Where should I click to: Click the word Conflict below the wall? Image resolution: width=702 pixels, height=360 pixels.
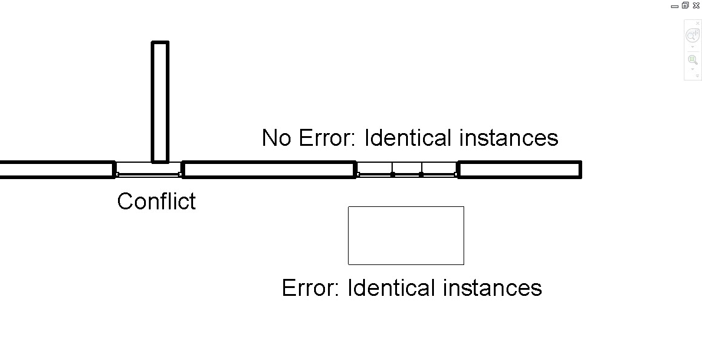point(156,201)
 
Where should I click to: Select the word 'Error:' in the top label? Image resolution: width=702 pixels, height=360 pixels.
point(326,138)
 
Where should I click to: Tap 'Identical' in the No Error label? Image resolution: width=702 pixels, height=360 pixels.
point(408,138)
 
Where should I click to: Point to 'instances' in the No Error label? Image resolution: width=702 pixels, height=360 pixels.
point(508,138)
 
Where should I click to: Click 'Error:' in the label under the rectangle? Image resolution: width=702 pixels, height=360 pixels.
point(310,287)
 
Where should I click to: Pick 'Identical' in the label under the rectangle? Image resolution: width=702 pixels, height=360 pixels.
point(392,287)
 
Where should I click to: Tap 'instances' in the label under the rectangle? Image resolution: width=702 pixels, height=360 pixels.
point(492,287)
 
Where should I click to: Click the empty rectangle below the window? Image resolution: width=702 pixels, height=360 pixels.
point(405,235)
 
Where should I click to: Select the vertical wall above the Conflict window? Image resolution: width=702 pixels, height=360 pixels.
point(160,101)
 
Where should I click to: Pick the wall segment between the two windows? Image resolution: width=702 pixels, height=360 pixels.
point(269,169)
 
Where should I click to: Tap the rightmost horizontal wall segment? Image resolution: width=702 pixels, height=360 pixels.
point(520,169)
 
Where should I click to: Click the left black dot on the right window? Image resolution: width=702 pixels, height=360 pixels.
point(393,174)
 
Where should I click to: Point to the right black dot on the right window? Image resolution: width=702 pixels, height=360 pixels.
point(421,174)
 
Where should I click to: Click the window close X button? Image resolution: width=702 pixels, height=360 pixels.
point(696,5)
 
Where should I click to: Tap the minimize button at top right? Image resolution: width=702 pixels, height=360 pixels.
point(675,6)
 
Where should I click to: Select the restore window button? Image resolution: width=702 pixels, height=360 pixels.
point(685,5)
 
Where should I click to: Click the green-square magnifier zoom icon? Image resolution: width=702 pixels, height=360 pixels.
point(692,60)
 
